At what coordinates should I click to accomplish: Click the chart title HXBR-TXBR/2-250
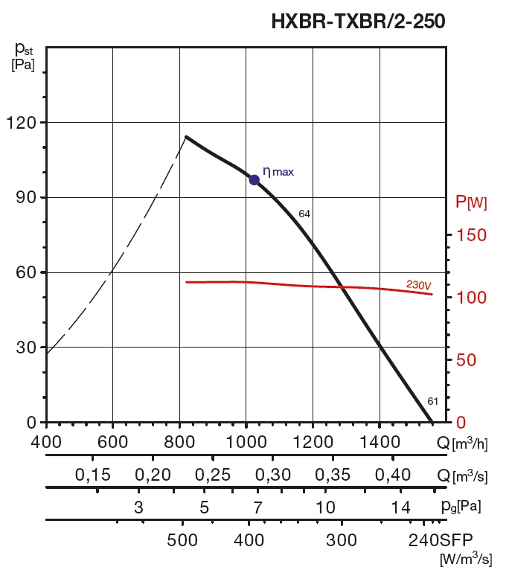358,22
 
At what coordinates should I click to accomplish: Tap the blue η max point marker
254,179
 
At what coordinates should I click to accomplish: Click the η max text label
278,172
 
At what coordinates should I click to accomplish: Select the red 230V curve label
419,284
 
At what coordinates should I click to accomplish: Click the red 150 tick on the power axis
471,235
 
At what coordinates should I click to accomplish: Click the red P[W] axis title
471,202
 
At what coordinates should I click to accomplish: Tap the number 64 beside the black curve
304,214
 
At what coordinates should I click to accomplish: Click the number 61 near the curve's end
433,402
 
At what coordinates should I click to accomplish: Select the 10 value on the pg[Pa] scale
324,508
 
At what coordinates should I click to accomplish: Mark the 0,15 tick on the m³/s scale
92,476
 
